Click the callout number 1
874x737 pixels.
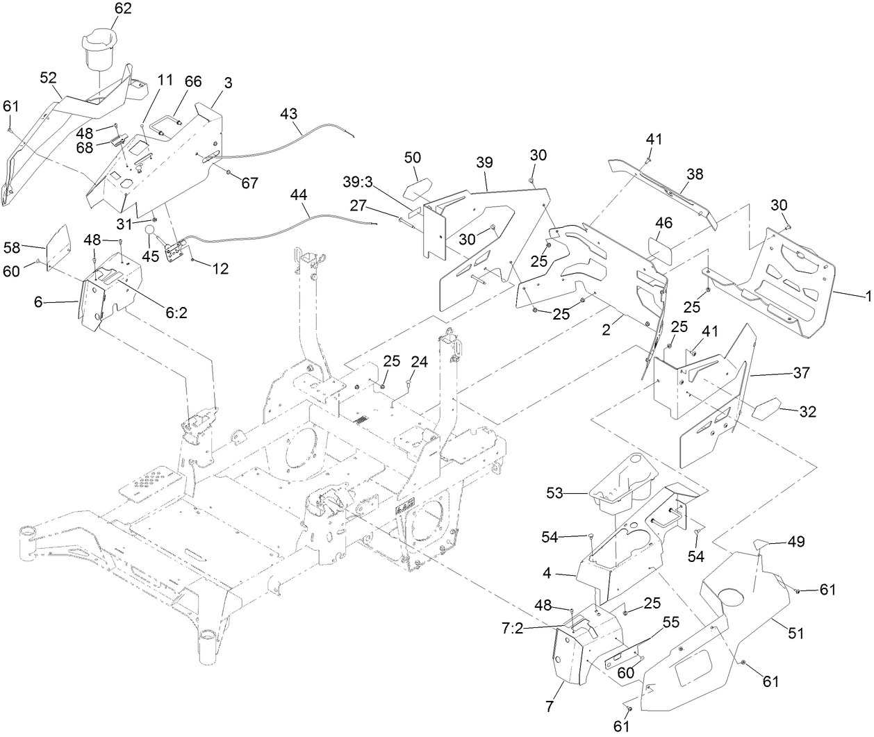pyautogui.click(x=867, y=295)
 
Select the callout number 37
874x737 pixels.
pyautogui.click(x=801, y=373)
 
